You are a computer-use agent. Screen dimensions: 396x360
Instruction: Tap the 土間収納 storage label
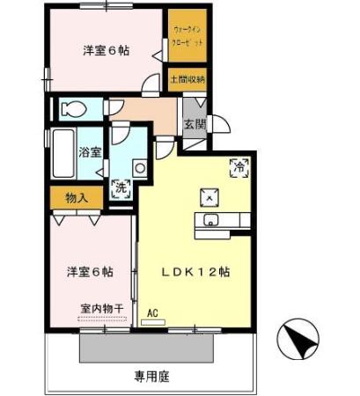pos(188,79)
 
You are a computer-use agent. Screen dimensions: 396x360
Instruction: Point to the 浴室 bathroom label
pos(89,152)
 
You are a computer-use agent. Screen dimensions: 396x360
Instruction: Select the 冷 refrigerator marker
pos(238,165)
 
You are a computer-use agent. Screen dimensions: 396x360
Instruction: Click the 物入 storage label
pos(76,198)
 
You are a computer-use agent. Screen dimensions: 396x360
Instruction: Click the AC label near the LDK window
pos(152,313)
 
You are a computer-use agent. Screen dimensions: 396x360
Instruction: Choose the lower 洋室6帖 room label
pos(90,271)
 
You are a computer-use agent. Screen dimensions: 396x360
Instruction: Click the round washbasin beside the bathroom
pos(138,167)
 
